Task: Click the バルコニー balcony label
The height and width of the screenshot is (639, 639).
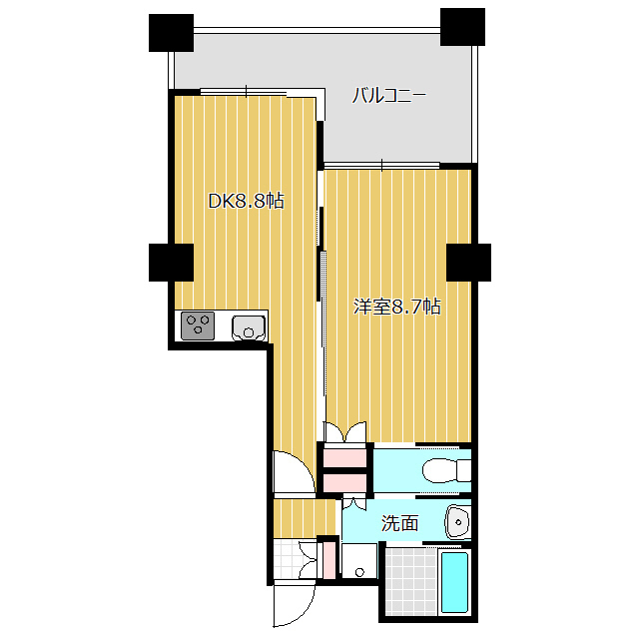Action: point(388,96)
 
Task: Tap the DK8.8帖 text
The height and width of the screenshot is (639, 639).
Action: point(247,201)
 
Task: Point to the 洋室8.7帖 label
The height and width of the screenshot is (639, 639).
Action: point(397,307)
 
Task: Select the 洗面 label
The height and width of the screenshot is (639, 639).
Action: point(399,523)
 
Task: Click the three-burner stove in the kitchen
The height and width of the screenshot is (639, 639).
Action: point(198,325)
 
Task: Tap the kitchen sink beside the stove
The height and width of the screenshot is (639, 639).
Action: point(249,327)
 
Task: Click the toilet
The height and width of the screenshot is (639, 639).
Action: point(446,470)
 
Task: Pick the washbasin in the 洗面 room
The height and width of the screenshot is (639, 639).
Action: point(458,522)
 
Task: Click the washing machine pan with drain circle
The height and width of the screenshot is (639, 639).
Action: point(359,561)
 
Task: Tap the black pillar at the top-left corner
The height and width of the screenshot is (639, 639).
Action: point(171,33)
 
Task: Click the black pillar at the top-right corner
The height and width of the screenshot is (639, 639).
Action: point(462,27)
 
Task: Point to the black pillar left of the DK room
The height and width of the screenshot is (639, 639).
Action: point(171,263)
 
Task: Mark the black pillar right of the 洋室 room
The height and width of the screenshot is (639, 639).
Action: point(468,263)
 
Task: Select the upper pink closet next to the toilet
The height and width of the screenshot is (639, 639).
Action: point(345,457)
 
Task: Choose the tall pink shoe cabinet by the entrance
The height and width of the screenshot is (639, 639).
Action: point(328,560)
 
